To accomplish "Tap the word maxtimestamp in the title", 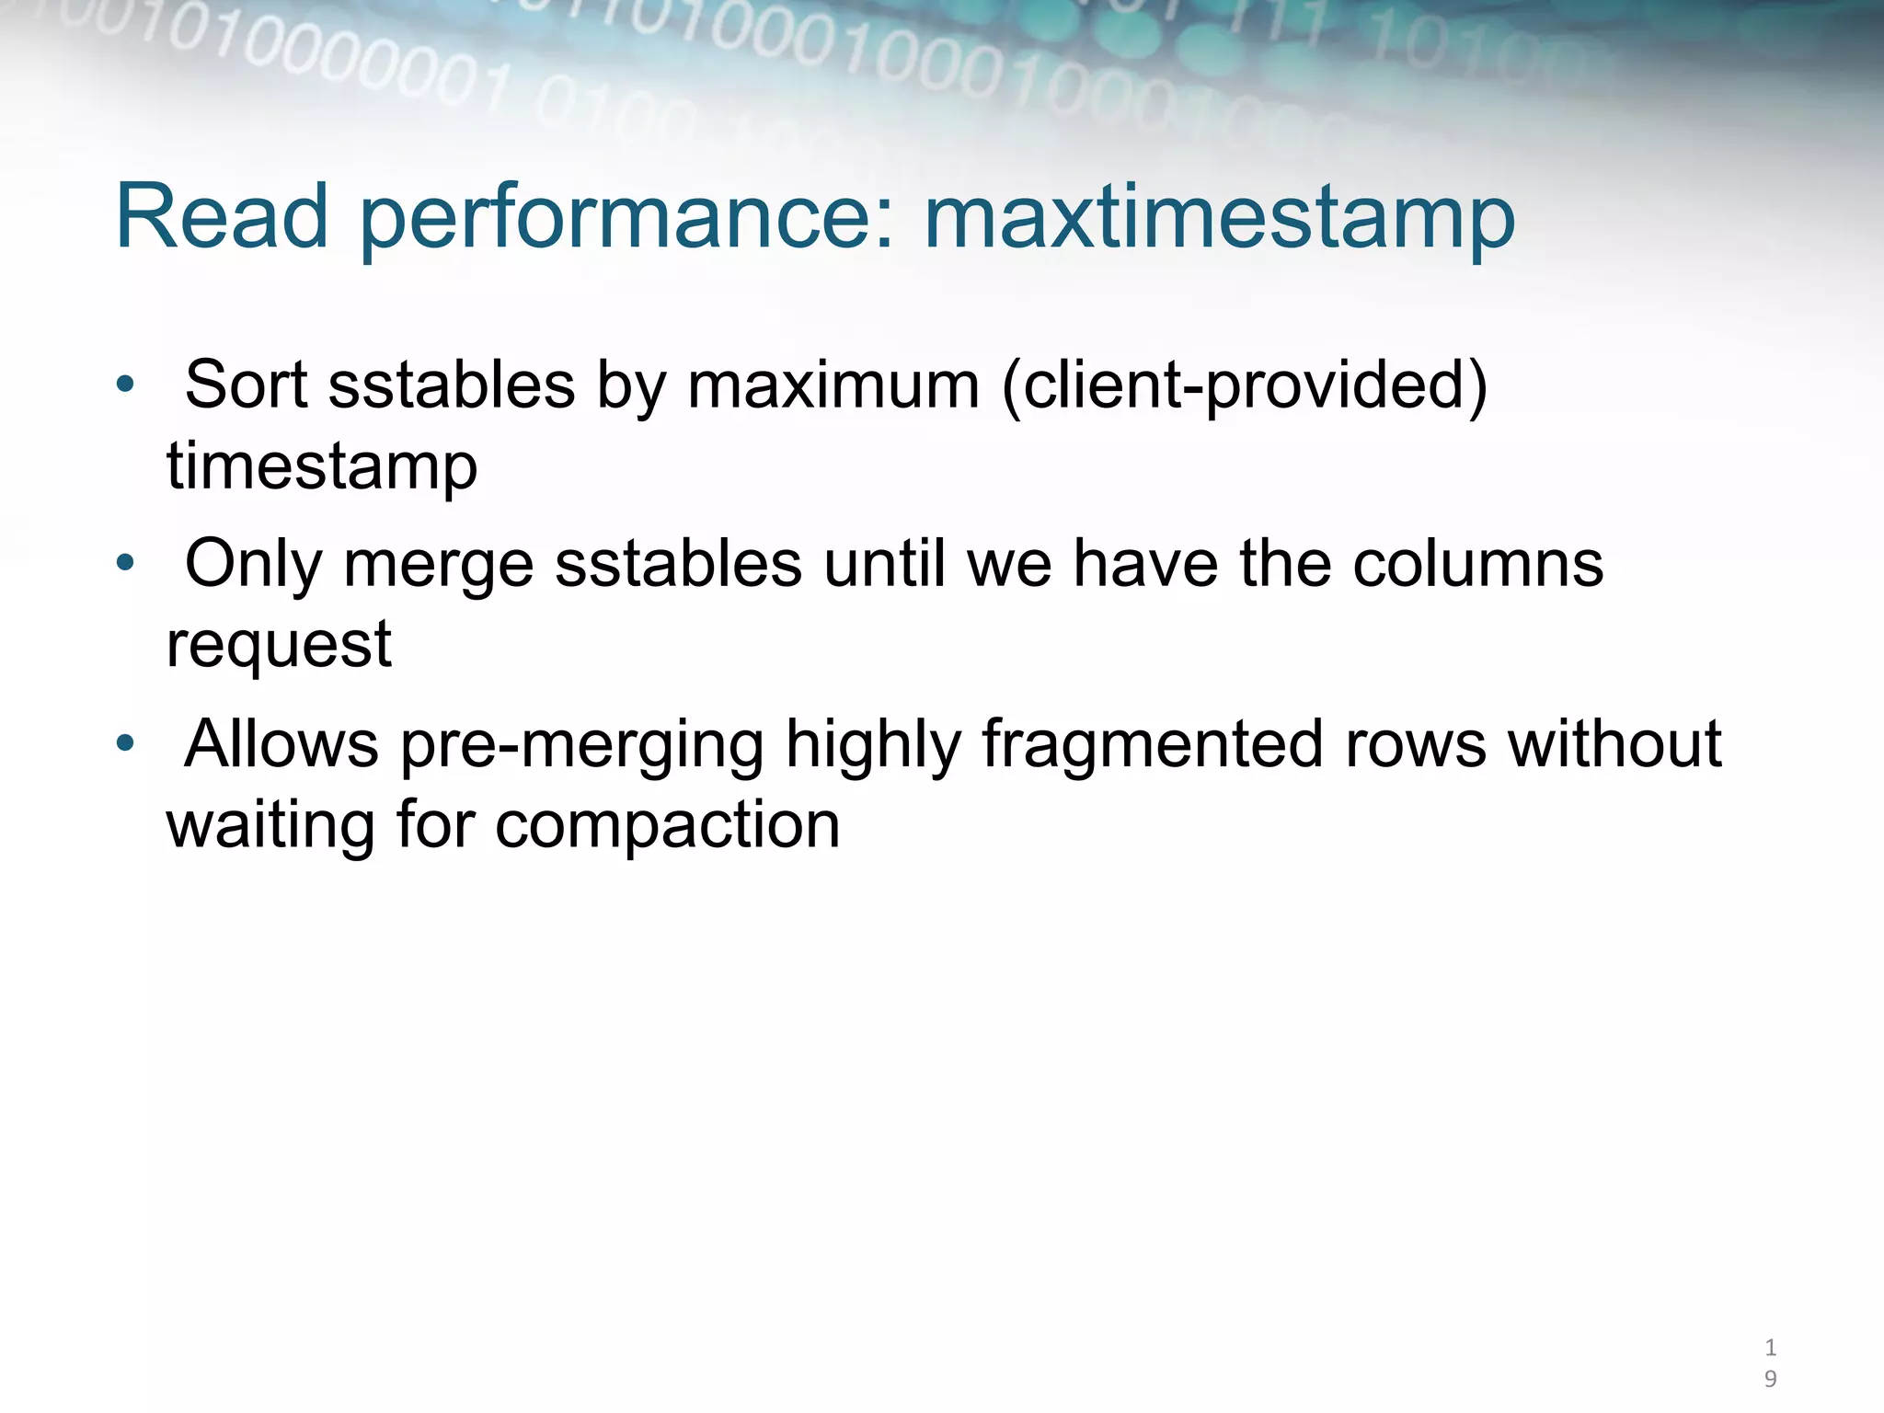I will pyautogui.click(x=1219, y=219).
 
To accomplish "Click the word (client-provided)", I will pyautogui.click(x=1244, y=385).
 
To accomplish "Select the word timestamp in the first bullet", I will pyautogui.click(x=322, y=465).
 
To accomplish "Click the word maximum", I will pyautogui.click(x=833, y=385).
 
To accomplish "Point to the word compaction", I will pyautogui.click(x=667, y=824).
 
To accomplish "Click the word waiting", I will pyautogui.click(x=270, y=824).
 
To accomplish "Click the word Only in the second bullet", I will pyautogui.click(x=253, y=565).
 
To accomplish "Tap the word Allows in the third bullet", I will pyautogui.click(x=281, y=743).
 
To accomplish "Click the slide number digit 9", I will pyautogui.click(x=1770, y=1378).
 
